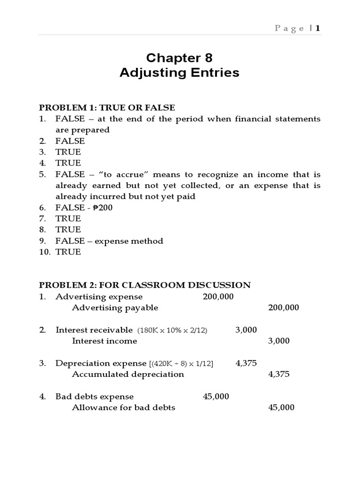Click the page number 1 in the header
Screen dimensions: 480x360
point(318,28)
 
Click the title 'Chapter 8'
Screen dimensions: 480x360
point(179,58)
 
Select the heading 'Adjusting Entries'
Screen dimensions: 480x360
point(179,73)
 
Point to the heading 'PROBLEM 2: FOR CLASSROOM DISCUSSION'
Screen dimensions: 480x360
point(145,285)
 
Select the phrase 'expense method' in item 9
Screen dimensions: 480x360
point(137,241)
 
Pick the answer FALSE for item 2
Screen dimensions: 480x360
point(70,141)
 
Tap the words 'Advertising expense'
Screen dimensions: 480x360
point(99,297)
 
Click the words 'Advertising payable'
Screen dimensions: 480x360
point(115,308)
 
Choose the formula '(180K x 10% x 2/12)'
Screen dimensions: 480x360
point(172,330)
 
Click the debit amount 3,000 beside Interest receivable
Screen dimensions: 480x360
point(246,330)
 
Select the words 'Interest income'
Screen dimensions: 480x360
point(105,341)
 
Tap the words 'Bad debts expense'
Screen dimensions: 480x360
point(94,397)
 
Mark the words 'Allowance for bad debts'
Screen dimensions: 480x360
point(123,408)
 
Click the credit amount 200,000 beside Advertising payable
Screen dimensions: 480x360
point(283,308)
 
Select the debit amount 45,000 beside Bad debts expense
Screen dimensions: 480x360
point(216,397)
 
